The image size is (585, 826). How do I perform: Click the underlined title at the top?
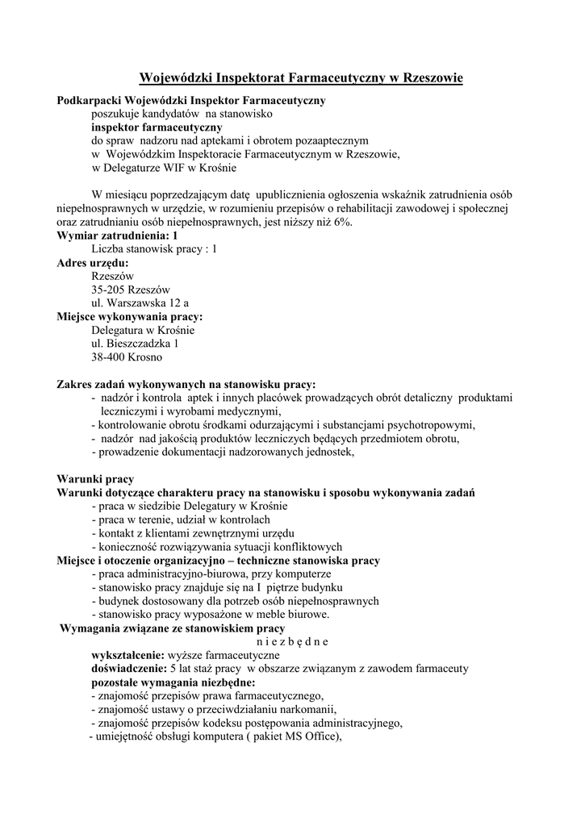(301, 77)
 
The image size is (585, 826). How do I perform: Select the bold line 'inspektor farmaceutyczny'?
(157, 127)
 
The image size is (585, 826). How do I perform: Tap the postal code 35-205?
(111, 290)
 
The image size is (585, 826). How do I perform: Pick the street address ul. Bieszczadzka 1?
(136, 343)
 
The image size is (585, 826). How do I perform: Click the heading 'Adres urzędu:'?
(93, 262)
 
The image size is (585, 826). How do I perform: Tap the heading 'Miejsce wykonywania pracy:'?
(130, 316)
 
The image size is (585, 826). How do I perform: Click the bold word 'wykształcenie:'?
(127, 655)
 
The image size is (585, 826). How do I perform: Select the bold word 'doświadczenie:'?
(129, 669)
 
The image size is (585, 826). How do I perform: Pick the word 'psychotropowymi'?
(432, 424)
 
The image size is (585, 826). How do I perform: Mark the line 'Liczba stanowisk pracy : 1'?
(154, 248)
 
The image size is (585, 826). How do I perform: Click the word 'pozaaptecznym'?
(332, 140)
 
